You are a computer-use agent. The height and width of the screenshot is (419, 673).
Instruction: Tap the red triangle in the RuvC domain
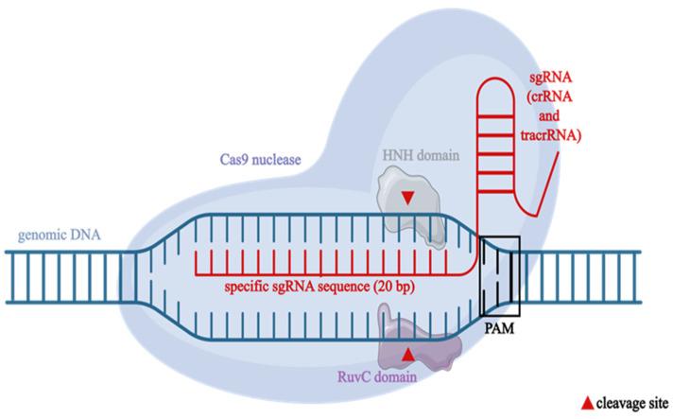(407, 352)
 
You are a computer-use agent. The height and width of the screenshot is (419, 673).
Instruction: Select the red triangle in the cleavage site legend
(587, 404)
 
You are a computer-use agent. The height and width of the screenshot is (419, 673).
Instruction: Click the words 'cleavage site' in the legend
(632, 404)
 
